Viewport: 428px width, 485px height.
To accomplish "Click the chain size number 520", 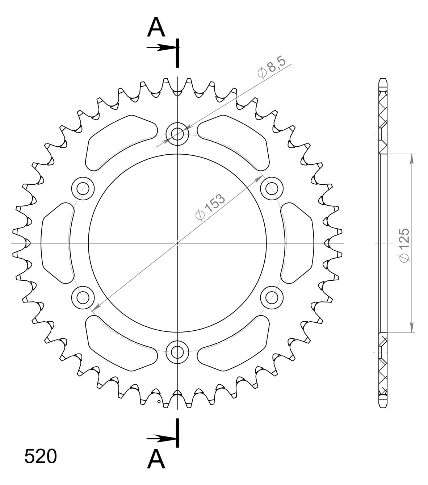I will [41, 456].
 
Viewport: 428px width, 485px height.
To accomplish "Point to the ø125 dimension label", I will [403, 244].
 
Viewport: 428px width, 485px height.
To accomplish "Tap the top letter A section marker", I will [156, 28].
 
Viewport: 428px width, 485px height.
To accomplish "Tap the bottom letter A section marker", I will [156, 459].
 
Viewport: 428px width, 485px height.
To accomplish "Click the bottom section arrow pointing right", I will [161, 439].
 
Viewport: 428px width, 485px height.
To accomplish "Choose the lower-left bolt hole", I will [83, 297].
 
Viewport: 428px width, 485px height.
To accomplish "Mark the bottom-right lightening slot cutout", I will [235, 344].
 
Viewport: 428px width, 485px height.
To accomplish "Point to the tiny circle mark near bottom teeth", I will [159, 402].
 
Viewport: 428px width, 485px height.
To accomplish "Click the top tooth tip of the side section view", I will [383, 80].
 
